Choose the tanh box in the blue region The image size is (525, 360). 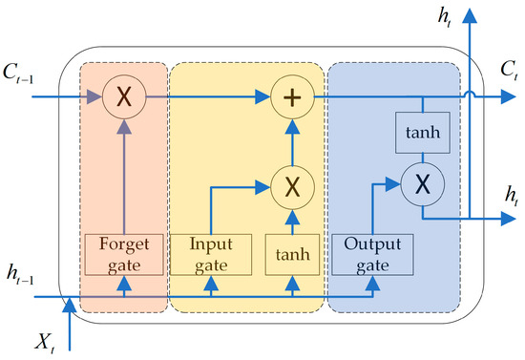[422, 134]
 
